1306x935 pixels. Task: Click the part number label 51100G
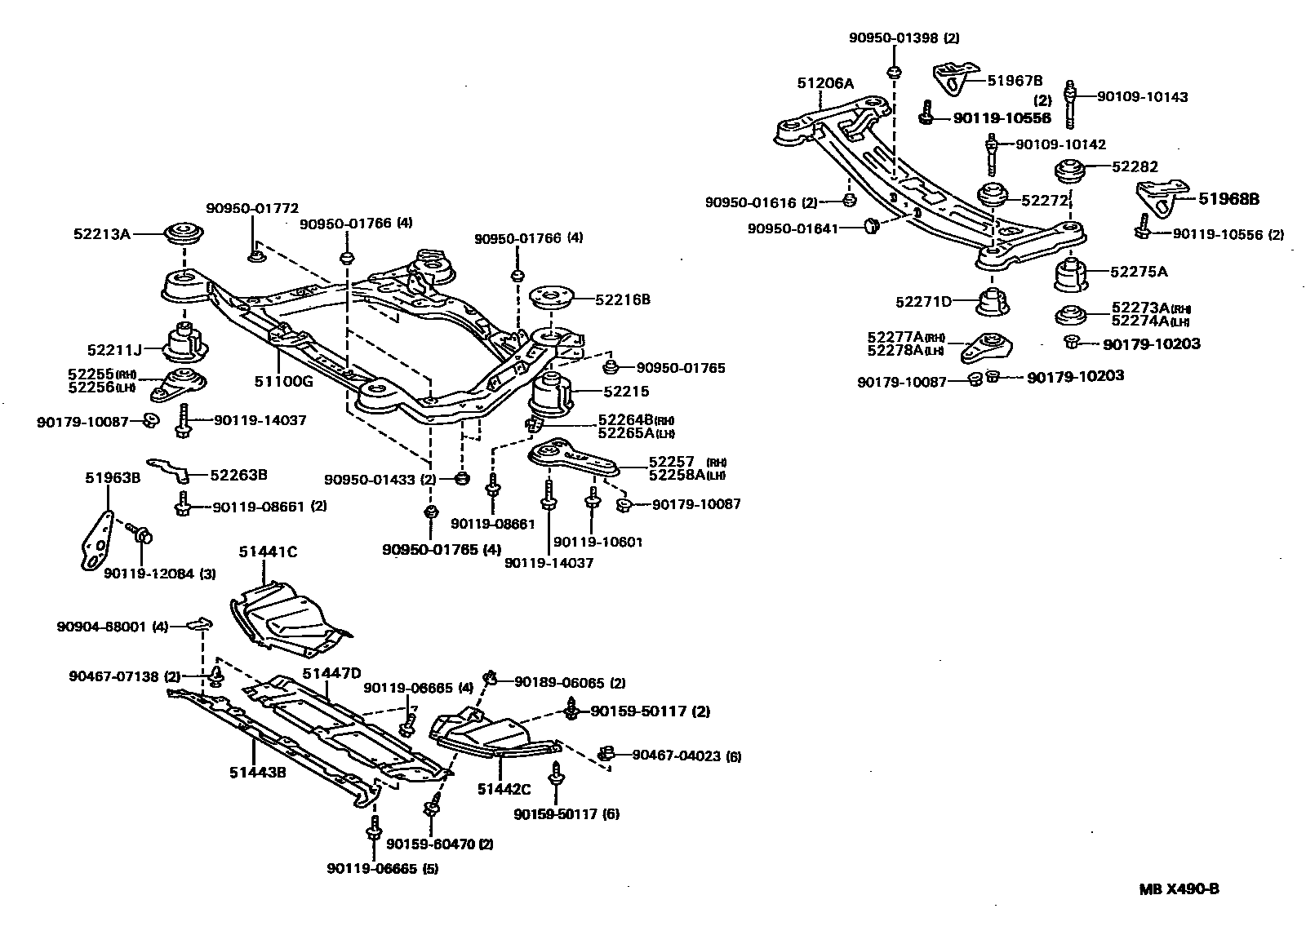click(x=284, y=379)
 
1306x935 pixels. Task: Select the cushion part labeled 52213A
click(x=185, y=233)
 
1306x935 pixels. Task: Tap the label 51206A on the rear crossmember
click(x=825, y=83)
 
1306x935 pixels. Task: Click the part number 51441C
click(x=268, y=552)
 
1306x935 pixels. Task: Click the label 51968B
click(x=1228, y=198)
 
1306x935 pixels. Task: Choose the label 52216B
click(x=622, y=299)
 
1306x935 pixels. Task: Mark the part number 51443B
click(x=257, y=772)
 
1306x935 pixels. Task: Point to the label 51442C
click(x=504, y=789)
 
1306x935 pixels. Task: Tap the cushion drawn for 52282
click(x=1069, y=174)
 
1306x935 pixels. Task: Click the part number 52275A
click(x=1139, y=272)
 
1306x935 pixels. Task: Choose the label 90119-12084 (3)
click(x=159, y=573)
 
